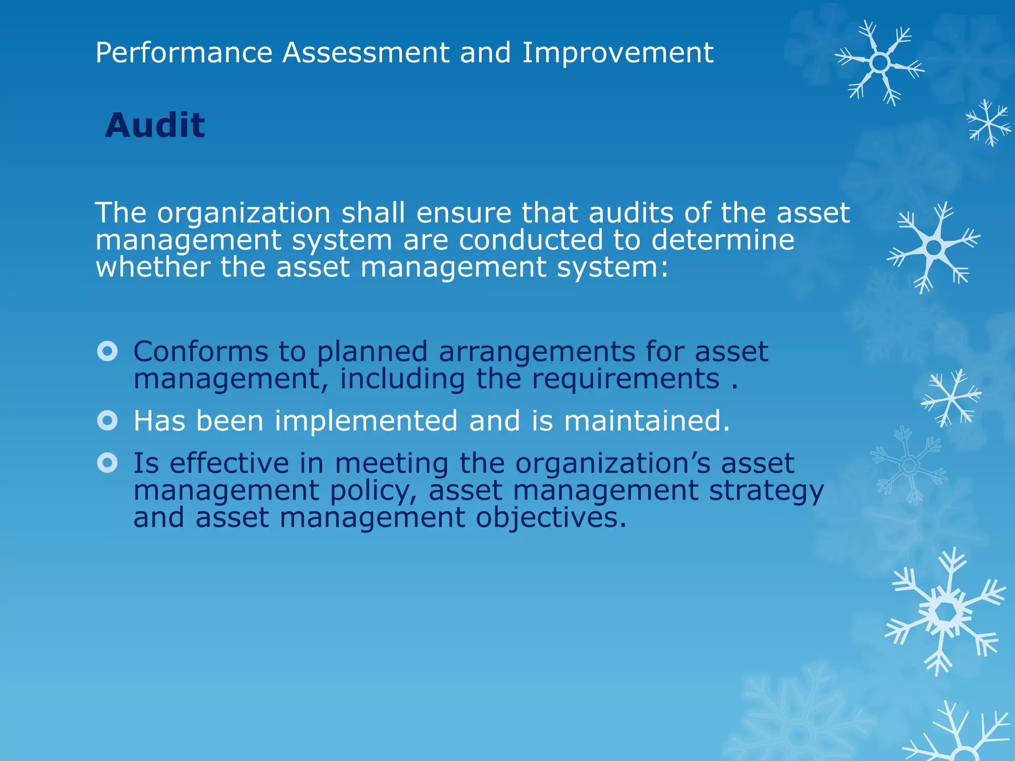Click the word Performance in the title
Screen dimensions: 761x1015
184,53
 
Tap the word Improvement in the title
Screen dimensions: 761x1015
618,53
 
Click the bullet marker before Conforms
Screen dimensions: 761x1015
108,351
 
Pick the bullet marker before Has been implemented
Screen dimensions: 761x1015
108,421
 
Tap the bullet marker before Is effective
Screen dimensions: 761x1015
108,463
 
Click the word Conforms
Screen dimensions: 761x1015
201,352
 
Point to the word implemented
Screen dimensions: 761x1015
366,421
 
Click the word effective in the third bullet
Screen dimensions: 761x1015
229,463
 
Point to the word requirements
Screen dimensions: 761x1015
625,379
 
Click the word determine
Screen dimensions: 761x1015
723,240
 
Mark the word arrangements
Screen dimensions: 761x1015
537,353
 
